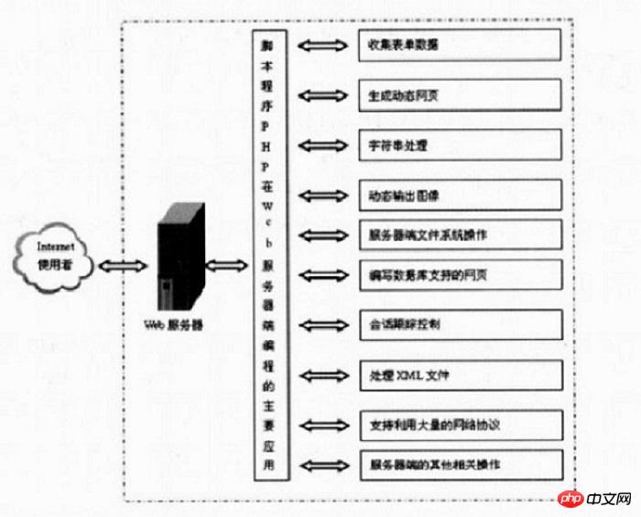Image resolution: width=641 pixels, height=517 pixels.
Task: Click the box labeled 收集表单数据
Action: (x=459, y=44)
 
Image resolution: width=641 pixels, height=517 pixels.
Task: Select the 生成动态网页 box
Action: (x=459, y=94)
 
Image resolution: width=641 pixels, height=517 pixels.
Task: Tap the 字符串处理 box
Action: (x=459, y=145)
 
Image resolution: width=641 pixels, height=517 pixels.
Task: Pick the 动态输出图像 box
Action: (x=459, y=195)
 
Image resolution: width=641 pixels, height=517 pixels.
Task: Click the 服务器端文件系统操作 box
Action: (x=459, y=234)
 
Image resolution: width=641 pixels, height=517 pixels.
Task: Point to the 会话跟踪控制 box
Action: (x=459, y=324)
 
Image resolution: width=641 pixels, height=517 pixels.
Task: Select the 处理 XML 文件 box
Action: (x=459, y=374)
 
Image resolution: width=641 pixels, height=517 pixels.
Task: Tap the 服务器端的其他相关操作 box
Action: (x=459, y=464)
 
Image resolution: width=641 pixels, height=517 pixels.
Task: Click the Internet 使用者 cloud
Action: (x=54, y=257)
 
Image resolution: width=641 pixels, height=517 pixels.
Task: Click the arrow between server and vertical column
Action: (x=226, y=266)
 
